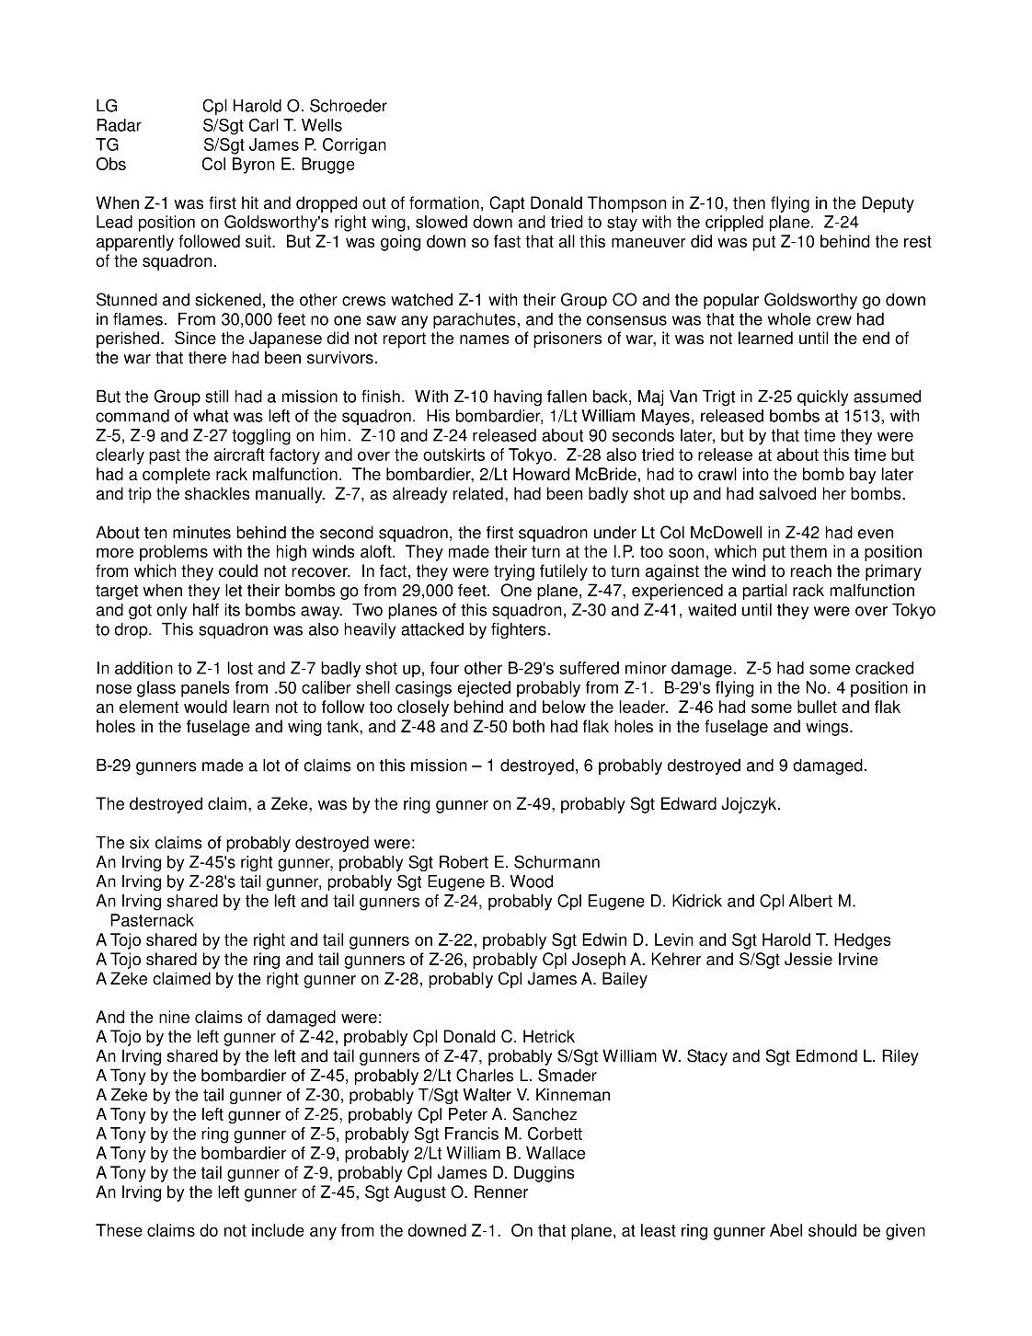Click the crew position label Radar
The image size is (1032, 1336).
118,126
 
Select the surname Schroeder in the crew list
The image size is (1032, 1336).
347,107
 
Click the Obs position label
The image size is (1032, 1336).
110,165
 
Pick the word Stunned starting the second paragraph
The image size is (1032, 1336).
125,301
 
